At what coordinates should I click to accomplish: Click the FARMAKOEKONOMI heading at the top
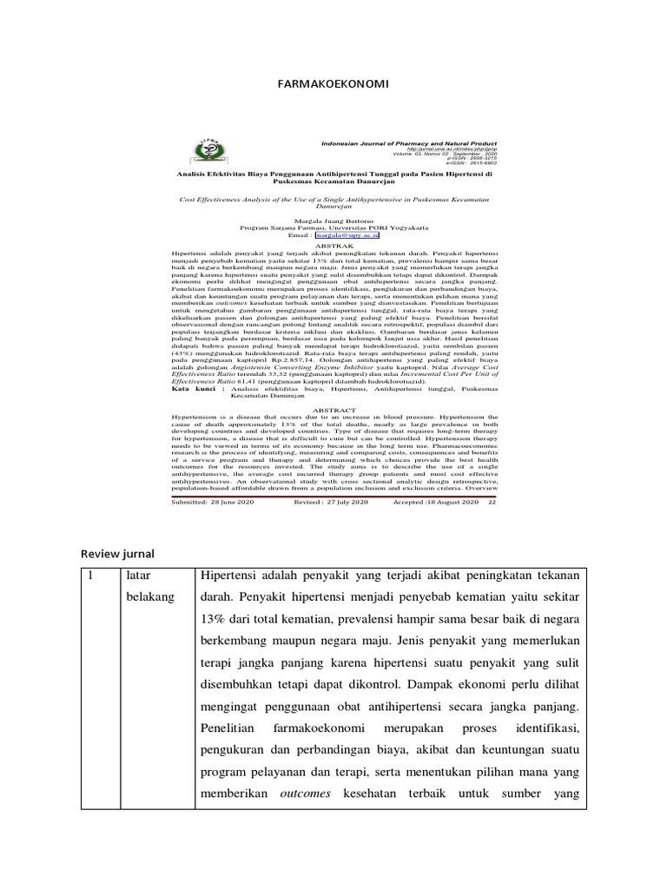[x=333, y=84]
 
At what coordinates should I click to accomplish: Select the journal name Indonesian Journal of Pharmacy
[x=407, y=142]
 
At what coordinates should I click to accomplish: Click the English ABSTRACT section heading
[x=333, y=407]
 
